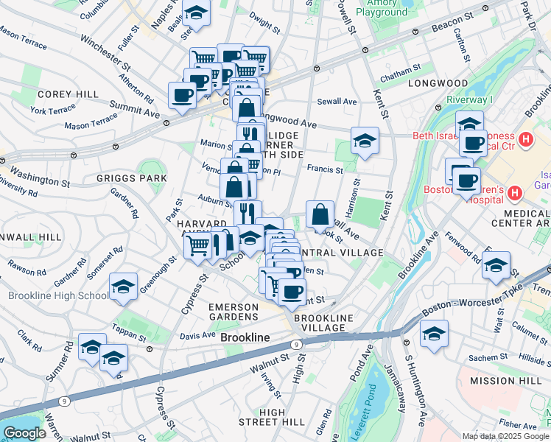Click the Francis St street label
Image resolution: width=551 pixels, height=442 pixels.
pyautogui.click(x=325, y=169)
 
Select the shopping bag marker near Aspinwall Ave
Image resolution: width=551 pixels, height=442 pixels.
pyautogui.click(x=320, y=215)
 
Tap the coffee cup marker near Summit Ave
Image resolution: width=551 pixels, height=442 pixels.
pyautogui.click(x=182, y=94)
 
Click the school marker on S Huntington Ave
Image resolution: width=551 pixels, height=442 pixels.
pyautogui.click(x=434, y=334)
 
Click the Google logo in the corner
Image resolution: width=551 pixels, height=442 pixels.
pyautogui.click(x=25, y=433)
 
